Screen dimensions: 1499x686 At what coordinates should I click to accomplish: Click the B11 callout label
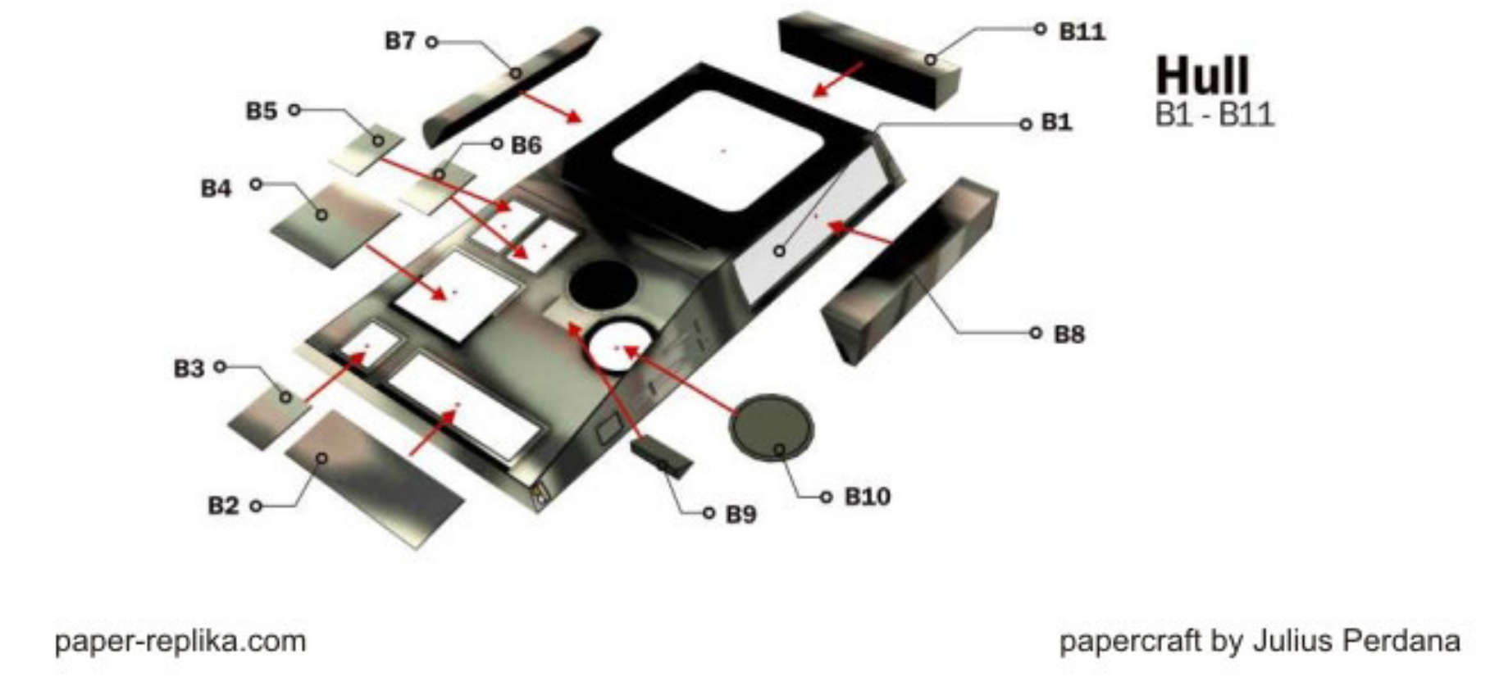pyautogui.click(x=1082, y=31)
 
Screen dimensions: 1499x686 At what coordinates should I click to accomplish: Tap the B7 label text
pyautogui.click(x=400, y=40)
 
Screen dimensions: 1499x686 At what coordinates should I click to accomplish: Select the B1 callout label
pyautogui.click(x=1056, y=122)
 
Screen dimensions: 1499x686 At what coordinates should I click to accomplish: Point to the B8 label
pyautogui.click(x=1068, y=334)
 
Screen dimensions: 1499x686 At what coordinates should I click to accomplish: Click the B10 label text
pyautogui.click(x=867, y=497)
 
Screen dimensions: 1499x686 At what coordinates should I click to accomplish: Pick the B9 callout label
pyautogui.click(x=740, y=514)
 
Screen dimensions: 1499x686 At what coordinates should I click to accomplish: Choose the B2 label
pyautogui.click(x=223, y=505)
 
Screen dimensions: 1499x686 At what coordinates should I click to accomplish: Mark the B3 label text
pyautogui.click(x=189, y=368)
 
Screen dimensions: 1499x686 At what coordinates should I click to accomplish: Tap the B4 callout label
pyautogui.click(x=216, y=188)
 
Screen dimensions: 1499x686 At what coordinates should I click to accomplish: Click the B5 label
pyautogui.click(x=262, y=111)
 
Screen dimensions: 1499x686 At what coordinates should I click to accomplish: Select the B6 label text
pyautogui.click(x=526, y=145)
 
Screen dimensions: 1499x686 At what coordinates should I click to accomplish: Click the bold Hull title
pyautogui.click(x=1202, y=76)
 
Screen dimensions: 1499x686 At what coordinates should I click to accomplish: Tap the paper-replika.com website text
pyautogui.click(x=180, y=640)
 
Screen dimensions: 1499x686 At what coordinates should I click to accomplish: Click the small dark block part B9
pyautogui.click(x=662, y=457)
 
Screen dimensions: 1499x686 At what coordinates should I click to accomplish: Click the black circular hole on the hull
pyautogui.click(x=604, y=284)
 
